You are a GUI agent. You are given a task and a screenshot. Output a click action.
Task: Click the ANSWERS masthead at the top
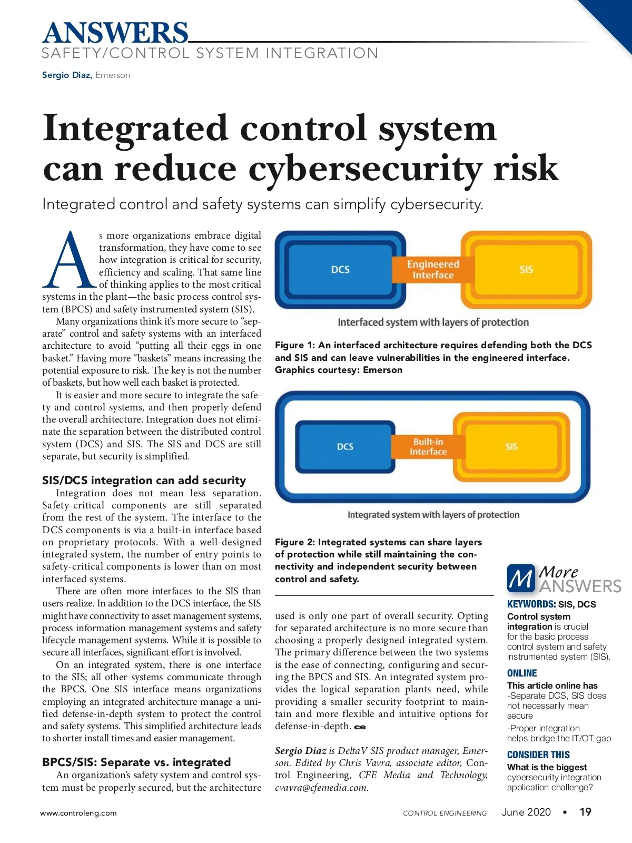pos(115,33)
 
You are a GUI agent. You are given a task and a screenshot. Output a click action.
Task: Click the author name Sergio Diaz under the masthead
pos(67,75)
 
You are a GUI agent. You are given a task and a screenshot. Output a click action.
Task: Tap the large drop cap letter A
pos(70,260)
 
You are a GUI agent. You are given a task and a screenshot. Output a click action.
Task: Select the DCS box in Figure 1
pos(340,269)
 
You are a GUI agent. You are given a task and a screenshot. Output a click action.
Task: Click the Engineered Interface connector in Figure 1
pos(433,269)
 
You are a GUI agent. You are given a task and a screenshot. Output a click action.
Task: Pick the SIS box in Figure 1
pos(526,269)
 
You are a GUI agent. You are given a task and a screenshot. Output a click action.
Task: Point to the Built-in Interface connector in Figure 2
pos(428,446)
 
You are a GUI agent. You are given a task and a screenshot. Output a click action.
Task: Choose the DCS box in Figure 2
pos(345,446)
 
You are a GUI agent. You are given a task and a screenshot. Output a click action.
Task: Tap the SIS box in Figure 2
pos(511,446)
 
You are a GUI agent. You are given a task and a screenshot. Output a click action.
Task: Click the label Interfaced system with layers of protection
pos(433,322)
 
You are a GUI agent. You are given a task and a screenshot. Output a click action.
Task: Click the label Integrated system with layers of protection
pos(433,515)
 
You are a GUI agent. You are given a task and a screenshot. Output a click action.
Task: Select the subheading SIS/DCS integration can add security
pos(144,480)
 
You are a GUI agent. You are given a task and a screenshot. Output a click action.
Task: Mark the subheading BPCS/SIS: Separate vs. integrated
pos(136,762)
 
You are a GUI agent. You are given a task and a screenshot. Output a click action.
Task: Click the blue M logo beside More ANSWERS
pos(521,579)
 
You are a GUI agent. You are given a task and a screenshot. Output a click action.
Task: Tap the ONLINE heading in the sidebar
pos(522,673)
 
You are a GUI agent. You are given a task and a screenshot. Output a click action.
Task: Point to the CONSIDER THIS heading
pos(538,754)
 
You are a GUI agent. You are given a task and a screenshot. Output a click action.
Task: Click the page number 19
pos(585,812)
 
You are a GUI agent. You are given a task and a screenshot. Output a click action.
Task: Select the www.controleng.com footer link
pos(78,813)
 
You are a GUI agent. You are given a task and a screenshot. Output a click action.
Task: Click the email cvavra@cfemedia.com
pos(321,788)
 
